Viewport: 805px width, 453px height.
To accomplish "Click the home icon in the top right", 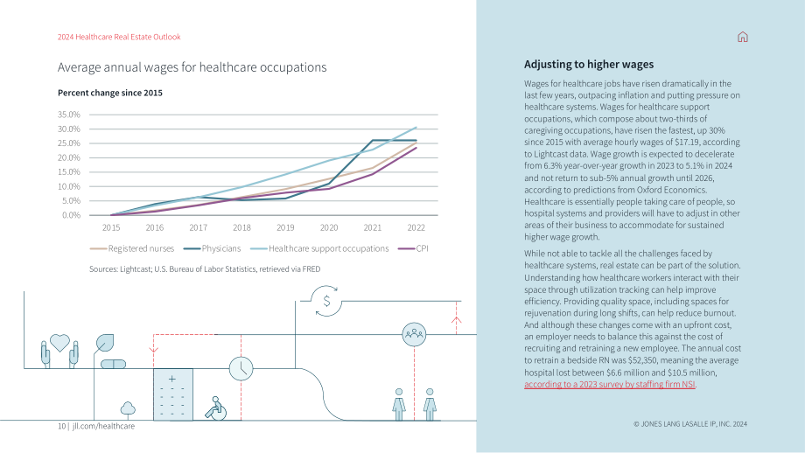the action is (742, 37).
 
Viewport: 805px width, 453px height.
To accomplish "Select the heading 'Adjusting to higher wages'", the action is (589, 64).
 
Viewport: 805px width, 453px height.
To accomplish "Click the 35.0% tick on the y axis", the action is (69, 115).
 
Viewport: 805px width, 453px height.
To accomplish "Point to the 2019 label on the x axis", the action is (285, 227).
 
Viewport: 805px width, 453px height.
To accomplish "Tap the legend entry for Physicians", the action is (212, 248).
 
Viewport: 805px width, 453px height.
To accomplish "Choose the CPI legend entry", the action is (413, 248).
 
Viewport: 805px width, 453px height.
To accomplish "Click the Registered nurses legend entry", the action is (132, 248).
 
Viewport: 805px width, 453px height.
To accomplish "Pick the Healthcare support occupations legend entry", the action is (319, 248).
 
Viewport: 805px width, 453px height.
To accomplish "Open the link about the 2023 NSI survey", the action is (609, 384).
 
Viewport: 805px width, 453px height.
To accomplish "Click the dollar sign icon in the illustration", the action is (326, 301).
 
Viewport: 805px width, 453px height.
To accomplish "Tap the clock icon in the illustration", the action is (241, 368).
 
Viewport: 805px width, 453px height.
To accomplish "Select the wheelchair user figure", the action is (215, 409).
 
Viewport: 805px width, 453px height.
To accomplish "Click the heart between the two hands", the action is (59, 343).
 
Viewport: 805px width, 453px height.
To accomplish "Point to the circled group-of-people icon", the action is (414, 334).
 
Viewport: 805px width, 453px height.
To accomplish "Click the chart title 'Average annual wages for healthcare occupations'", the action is (192, 67).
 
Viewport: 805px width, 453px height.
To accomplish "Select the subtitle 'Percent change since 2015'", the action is (110, 93).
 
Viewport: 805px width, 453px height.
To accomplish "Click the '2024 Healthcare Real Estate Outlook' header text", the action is (119, 37).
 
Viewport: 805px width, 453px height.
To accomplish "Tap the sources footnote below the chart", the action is (205, 268).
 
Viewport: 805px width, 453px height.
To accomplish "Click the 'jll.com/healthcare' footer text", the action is (103, 426).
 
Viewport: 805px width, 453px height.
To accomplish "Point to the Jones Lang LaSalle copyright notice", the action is (690, 424).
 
